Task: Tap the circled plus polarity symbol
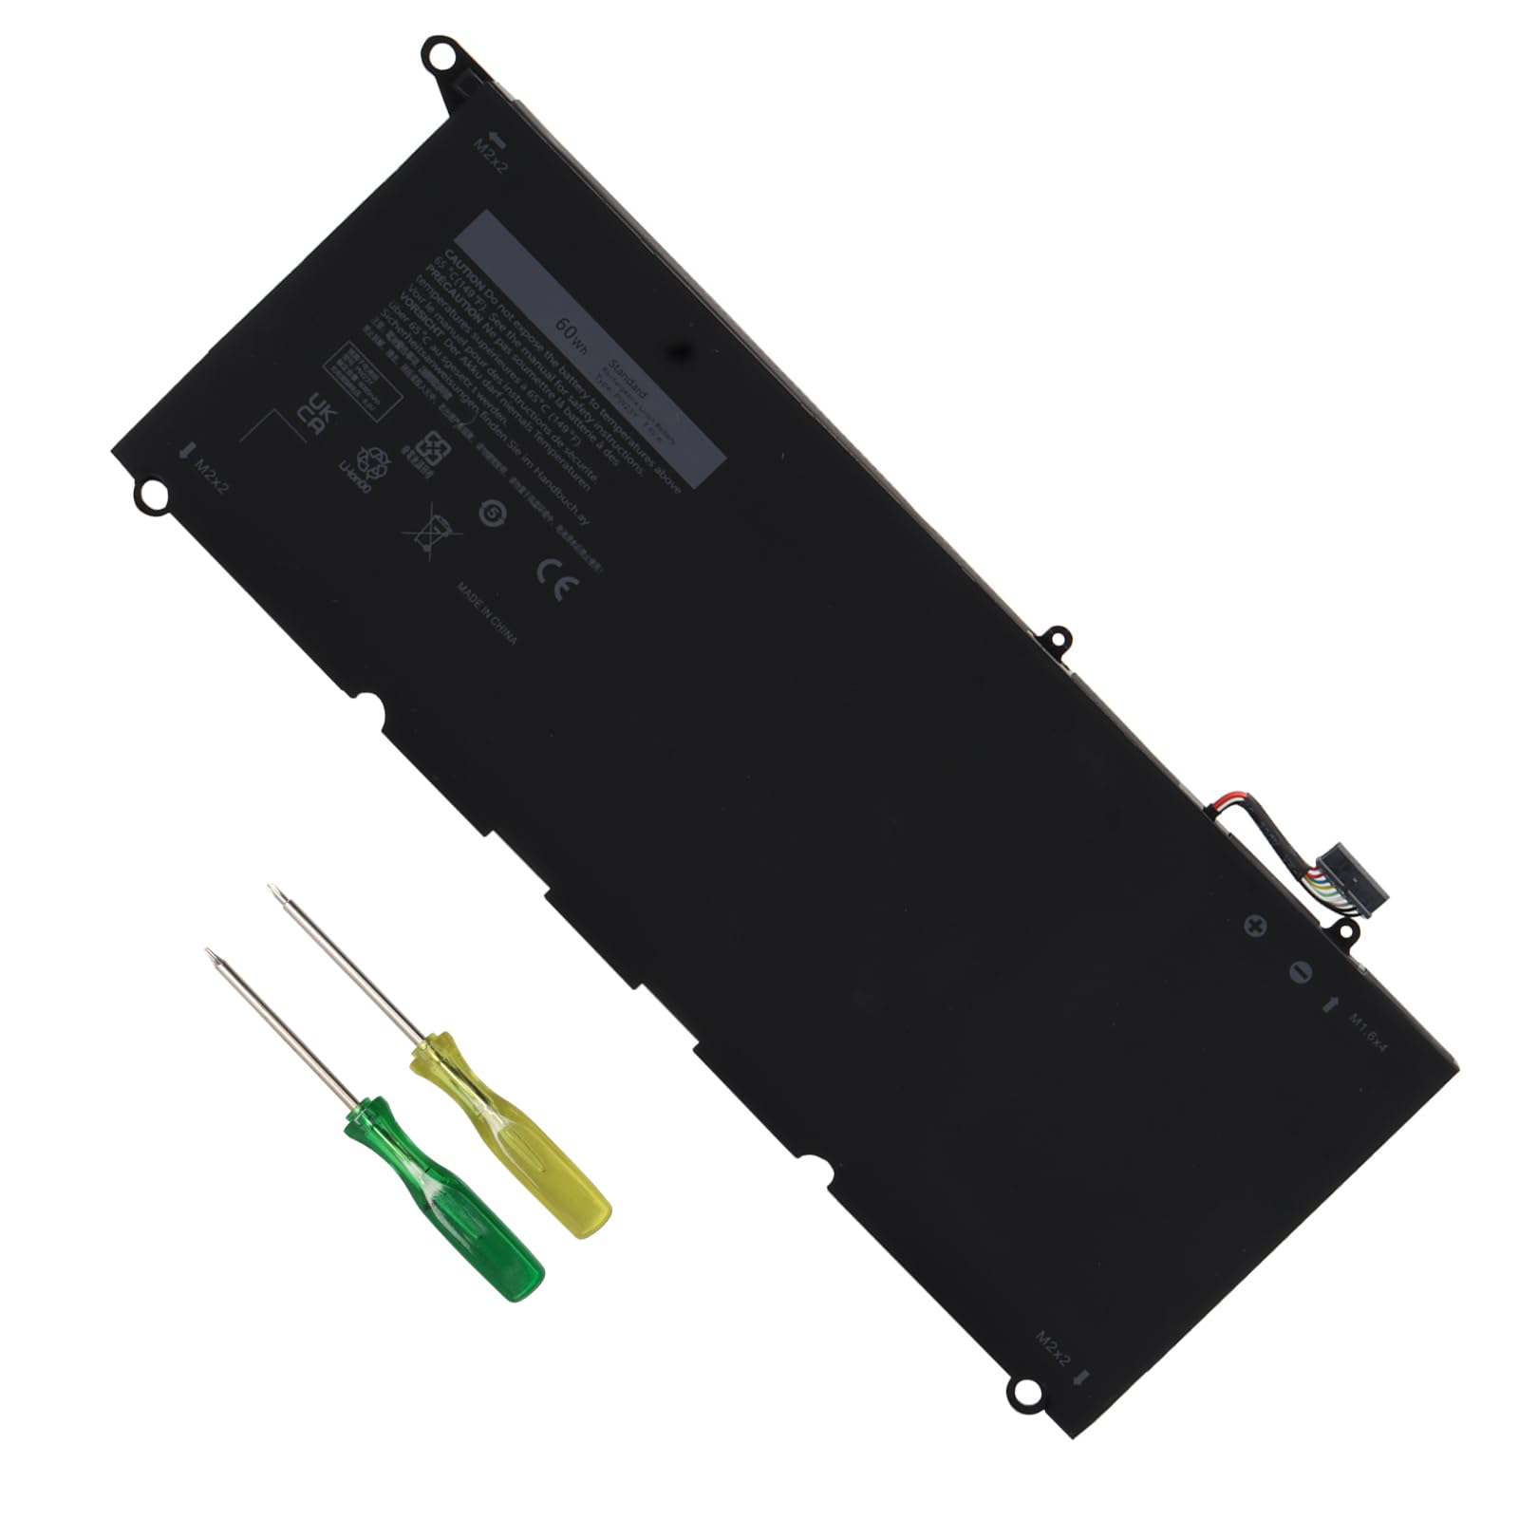1257,926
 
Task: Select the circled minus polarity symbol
1300,971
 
